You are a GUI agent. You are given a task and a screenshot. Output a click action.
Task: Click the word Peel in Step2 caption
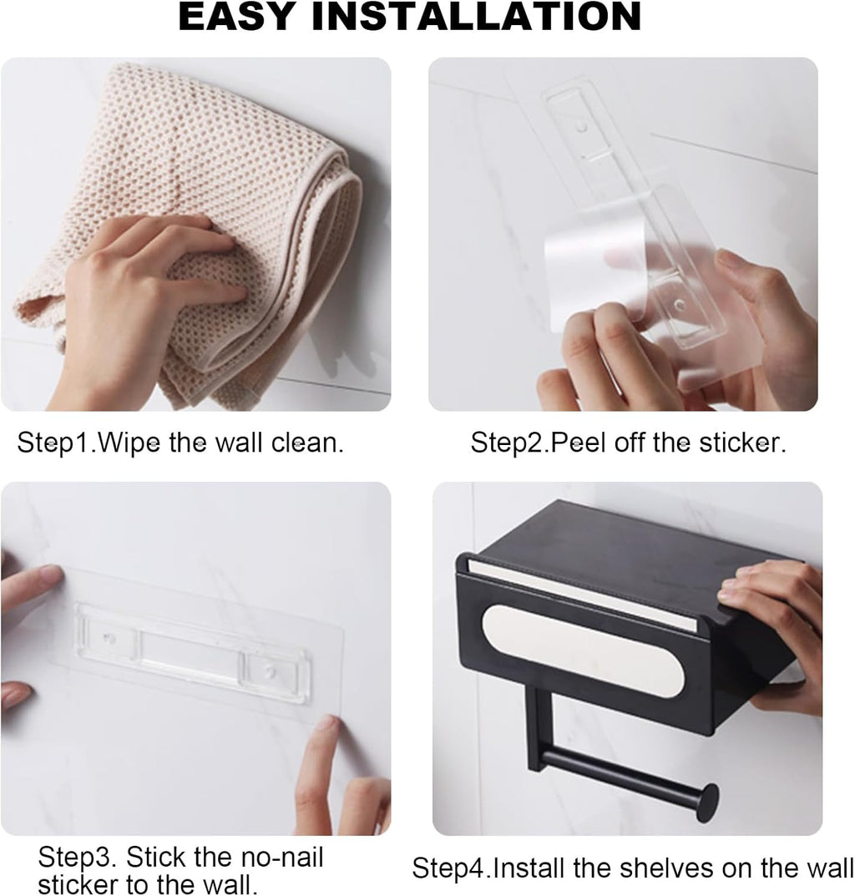[577, 442]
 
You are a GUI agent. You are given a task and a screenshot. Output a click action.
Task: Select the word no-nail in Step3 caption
[276, 858]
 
